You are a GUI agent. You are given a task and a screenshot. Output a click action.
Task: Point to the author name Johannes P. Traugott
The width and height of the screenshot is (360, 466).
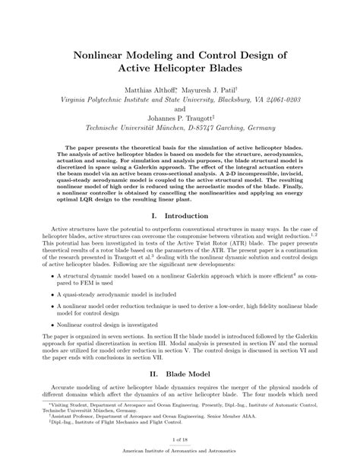pyautogui.click(x=180, y=118)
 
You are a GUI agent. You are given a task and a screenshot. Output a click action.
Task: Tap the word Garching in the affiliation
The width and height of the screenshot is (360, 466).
pyautogui.click(x=220, y=128)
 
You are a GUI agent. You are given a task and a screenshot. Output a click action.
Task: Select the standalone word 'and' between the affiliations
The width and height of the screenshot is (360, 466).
pyautogui.click(x=180, y=109)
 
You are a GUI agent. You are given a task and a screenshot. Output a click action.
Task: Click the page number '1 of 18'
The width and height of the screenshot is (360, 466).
pyautogui.click(x=180, y=439)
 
